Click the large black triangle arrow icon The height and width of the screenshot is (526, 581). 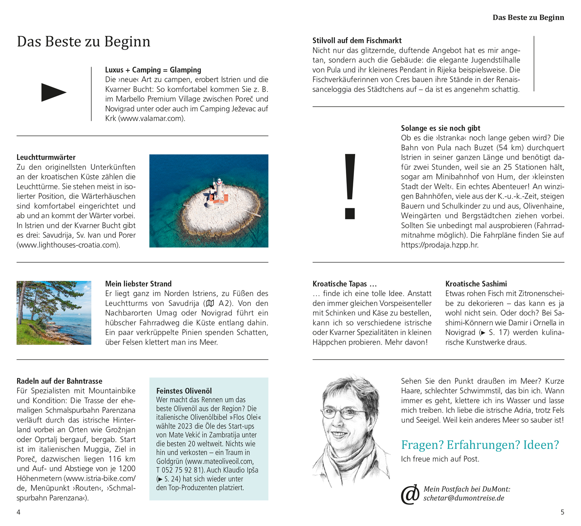[53, 92]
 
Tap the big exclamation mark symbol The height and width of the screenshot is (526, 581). [350, 186]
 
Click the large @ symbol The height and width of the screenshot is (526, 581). [410, 495]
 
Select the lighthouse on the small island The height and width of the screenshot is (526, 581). [219, 190]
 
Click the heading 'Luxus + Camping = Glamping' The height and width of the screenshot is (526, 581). [153, 70]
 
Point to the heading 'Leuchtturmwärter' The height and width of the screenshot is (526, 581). [46, 157]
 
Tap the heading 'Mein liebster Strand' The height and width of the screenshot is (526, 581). [138, 284]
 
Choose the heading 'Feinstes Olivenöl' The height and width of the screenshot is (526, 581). [184, 391]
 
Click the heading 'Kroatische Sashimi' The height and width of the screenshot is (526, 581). [476, 284]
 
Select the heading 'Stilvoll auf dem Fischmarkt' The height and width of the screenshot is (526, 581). [357, 41]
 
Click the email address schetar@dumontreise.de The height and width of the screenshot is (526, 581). [464, 498]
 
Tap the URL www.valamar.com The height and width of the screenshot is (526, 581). [151, 119]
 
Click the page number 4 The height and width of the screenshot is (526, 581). [19, 512]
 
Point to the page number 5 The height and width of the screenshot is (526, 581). [562, 512]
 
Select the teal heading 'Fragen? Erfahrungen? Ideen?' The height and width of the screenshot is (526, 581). [480, 445]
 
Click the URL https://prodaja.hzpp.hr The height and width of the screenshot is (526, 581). [439, 245]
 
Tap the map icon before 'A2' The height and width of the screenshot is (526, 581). [210, 303]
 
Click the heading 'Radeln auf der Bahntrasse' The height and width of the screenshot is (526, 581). [59, 381]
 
